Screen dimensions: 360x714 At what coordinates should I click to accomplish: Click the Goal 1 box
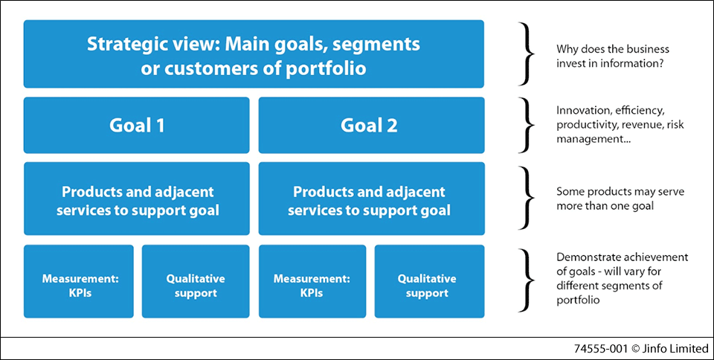(x=137, y=125)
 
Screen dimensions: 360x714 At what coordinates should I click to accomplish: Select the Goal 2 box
(x=371, y=125)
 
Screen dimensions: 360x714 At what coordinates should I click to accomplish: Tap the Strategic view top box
(x=254, y=54)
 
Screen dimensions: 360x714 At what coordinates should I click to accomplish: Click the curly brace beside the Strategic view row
(x=528, y=54)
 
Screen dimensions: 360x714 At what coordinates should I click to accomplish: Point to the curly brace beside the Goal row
(x=528, y=125)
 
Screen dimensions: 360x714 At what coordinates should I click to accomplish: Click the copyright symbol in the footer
(x=636, y=348)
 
